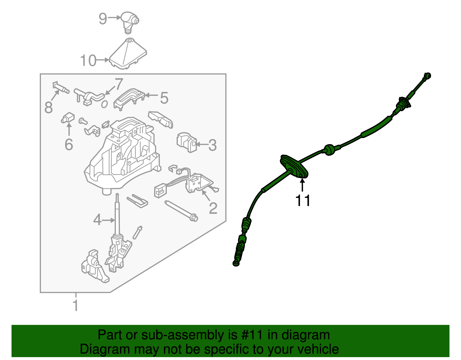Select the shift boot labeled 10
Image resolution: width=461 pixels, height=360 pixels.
(x=128, y=53)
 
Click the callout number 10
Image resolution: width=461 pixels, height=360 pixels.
(x=88, y=61)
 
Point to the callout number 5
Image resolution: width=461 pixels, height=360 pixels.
(x=164, y=98)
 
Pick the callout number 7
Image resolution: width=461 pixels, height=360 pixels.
(x=119, y=84)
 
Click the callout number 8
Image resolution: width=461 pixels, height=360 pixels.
(x=49, y=107)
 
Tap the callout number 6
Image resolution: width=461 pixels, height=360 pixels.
(x=69, y=144)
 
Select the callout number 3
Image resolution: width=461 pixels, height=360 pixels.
(x=212, y=145)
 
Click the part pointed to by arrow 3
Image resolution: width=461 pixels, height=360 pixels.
(x=187, y=142)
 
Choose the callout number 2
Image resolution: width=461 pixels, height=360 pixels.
(x=213, y=208)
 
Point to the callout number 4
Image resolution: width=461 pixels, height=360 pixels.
(x=97, y=220)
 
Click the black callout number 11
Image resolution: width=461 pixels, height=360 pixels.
(x=303, y=201)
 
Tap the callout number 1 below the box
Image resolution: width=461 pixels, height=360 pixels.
(x=75, y=306)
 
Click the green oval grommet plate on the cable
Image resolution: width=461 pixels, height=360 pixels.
(x=294, y=167)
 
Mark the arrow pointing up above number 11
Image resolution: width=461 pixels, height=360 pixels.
(x=302, y=185)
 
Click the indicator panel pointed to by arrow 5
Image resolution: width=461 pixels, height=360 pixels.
(x=129, y=99)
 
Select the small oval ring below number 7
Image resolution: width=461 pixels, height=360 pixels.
(x=104, y=104)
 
